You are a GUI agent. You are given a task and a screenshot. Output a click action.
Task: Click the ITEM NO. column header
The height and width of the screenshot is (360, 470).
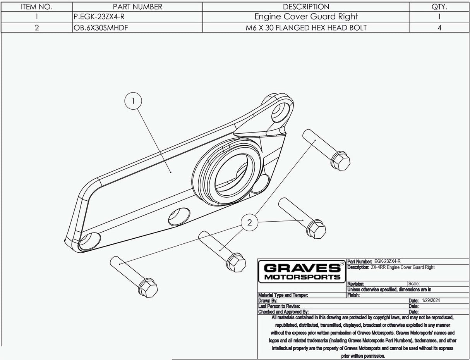pyautogui.click(x=36, y=7)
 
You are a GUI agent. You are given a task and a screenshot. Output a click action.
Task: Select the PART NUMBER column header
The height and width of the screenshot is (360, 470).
pyautogui.click(x=137, y=7)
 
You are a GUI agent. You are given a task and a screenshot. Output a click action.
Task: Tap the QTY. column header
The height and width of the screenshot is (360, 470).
pyautogui.click(x=439, y=7)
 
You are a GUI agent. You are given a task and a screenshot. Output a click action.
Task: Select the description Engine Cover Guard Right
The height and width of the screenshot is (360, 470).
pyautogui.click(x=306, y=17)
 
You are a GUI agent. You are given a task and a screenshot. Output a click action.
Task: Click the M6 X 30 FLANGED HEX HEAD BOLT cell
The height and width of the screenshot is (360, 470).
pyautogui.click(x=306, y=28)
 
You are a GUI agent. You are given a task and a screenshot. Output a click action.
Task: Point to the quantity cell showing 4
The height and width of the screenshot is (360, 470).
pyautogui.click(x=439, y=28)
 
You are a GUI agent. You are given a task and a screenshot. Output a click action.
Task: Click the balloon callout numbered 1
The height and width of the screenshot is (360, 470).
pyautogui.click(x=133, y=102)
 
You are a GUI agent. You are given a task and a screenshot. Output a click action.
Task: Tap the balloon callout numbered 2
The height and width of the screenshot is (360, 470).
pyautogui.click(x=249, y=222)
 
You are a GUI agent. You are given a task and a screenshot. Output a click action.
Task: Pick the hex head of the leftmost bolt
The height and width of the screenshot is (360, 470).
pyautogui.click(x=148, y=288)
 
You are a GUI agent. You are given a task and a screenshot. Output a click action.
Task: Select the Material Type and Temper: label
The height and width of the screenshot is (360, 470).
pyautogui.click(x=283, y=295)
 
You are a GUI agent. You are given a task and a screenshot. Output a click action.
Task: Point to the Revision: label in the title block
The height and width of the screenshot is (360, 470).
pyautogui.click(x=356, y=284)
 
